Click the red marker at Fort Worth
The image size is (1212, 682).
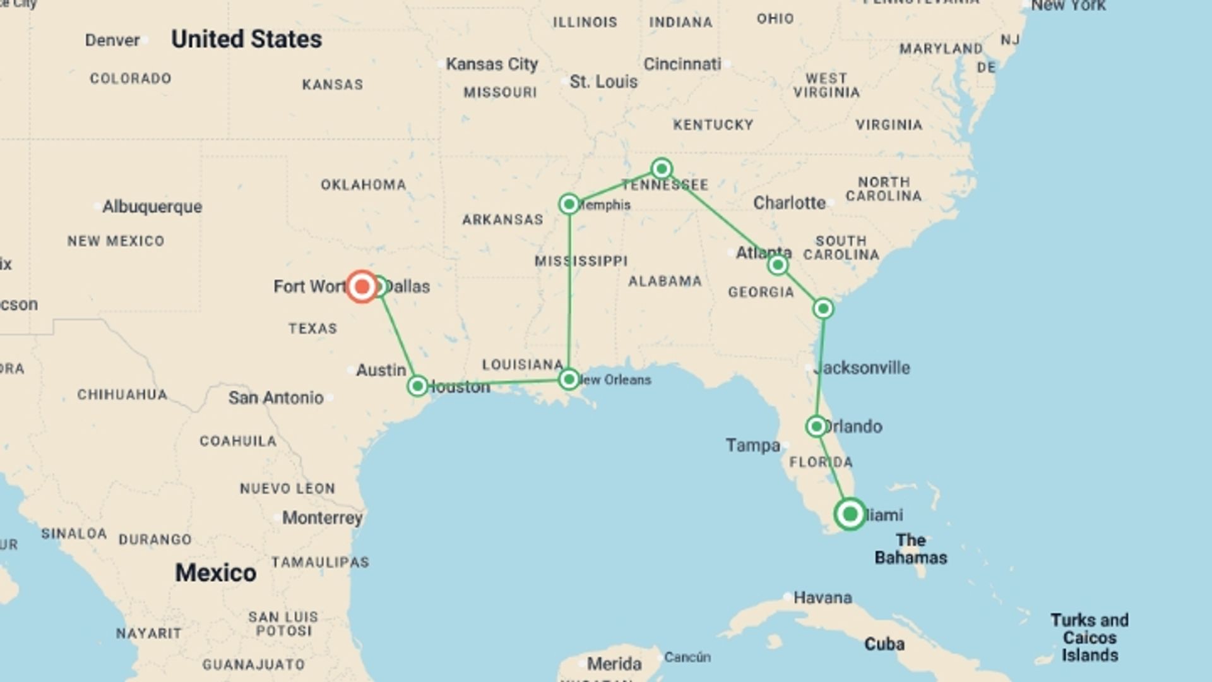[x=362, y=287]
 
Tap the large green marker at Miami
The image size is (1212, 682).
[x=850, y=514]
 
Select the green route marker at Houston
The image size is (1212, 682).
[x=418, y=386]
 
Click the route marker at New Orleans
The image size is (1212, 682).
[x=569, y=379]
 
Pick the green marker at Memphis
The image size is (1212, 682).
[x=569, y=204]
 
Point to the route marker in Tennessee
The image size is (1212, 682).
[x=662, y=169]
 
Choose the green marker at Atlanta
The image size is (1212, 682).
[x=778, y=265]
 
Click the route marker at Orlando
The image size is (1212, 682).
[x=816, y=427]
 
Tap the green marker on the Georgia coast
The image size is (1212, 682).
[x=823, y=309]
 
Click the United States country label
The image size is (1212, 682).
[x=246, y=39]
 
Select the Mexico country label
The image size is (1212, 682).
[x=215, y=573]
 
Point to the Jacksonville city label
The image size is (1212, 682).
[x=862, y=368]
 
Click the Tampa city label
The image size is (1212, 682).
[x=752, y=445]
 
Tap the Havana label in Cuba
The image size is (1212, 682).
[x=822, y=597]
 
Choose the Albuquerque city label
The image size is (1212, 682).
[x=152, y=206]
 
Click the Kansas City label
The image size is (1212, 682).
[x=492, y=64]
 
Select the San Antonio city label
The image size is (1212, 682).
[x=276, y=398]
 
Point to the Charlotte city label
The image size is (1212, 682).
[x=789, y=203]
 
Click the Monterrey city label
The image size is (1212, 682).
[x=322, y=518]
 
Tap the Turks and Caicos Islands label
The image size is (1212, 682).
[x=1090, y=637]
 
